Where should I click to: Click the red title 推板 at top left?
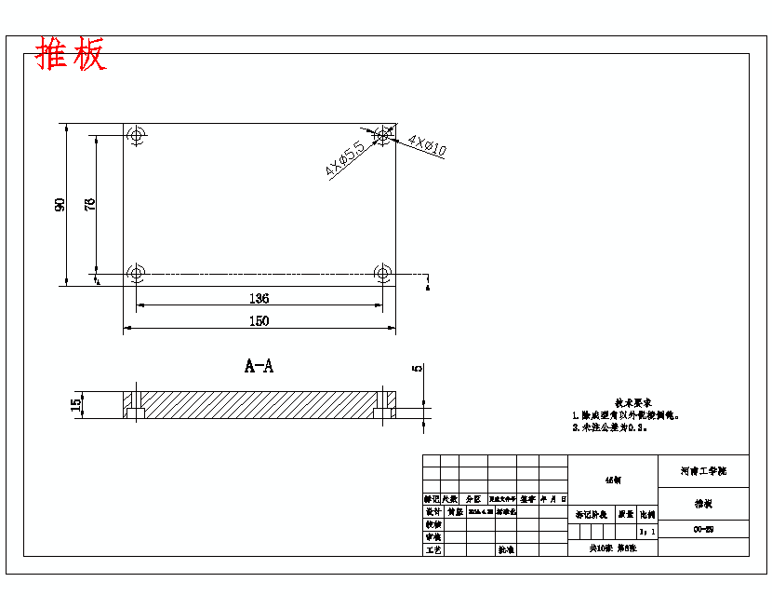pos(71,56)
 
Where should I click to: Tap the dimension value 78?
pos(90,205)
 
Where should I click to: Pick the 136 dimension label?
pos(259,298)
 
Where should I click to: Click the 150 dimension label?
pos(259,321)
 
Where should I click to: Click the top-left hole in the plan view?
pos(137,136)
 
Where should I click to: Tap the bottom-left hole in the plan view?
pos(137,274)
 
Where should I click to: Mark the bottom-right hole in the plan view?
pos(382,274)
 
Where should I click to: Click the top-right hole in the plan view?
pos(381,136)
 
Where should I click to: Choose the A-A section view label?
pos(259,366)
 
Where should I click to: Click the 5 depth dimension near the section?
pos(418,368)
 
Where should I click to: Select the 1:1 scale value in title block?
pos(647,532)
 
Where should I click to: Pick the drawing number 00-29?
pos(703,530)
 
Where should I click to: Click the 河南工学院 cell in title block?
pos(703,472)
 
